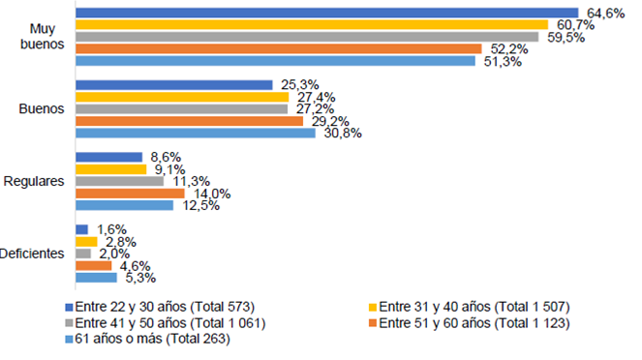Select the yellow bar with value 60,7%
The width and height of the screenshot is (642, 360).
point(312,24)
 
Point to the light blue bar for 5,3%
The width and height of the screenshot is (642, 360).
point(96,278)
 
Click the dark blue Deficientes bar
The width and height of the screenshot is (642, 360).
point(81,229)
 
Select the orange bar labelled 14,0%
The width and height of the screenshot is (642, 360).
point(130,193)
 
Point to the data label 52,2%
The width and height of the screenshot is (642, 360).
point(504,48)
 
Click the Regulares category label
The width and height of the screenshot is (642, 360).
point(34,181)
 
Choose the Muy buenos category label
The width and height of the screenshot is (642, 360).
point(42,36)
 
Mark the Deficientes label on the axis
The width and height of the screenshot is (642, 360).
point(32,254)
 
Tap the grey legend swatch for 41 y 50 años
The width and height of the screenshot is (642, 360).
point(69,323)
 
